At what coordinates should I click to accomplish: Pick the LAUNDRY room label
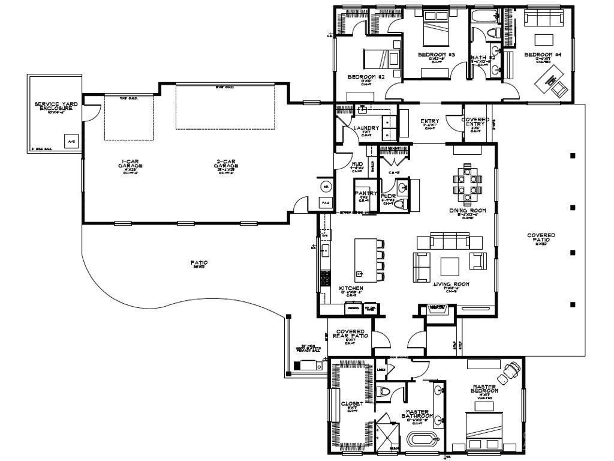pyautogui.click(x=366, y=128)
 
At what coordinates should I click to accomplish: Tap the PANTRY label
pyautogui.click(x=365, y=194)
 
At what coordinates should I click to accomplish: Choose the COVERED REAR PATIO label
pyautogui.click(x=350, y=334)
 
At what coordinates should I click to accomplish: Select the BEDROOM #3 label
pyautogui.click(x=436, y=55)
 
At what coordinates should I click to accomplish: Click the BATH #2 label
pyautogui.click(x=483, y=57)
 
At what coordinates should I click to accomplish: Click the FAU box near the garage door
pyautogui.click(x=326, y=203)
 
